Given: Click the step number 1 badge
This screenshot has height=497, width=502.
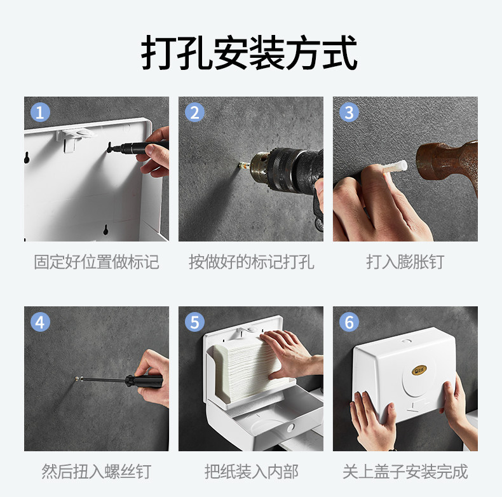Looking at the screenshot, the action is [x=40, y=112].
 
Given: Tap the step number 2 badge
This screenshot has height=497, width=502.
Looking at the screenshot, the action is [x=194, y=112].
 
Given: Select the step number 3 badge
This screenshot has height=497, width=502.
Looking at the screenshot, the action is [x=349, y=112].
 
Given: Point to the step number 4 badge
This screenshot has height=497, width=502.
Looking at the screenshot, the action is [x=40, y=322].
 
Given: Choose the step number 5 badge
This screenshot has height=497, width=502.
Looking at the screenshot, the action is [x=194, y=322].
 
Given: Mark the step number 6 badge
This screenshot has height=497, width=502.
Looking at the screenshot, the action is [x=349, y=322].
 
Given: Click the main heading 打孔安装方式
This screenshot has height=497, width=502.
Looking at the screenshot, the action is [x=249, y=52].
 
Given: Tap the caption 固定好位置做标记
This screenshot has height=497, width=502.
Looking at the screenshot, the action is [x=97, y=262].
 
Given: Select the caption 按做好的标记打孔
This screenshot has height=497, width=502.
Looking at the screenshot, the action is [x=252, y=262].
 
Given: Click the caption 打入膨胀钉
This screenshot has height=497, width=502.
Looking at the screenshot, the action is [x=405, y=262].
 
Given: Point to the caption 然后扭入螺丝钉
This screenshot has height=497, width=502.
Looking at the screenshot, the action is [x=97, y=472].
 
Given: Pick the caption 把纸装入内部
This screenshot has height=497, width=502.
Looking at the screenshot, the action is [x=252, y=472].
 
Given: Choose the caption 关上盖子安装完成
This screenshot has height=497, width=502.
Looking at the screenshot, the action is [x=405, y=472].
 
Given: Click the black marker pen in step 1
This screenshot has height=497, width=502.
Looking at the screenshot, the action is [x=138, y=147].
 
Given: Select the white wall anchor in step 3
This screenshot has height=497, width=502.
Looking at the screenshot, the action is [x=395, y=168].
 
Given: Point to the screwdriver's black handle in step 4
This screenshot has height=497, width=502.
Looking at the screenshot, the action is [x=144, y=381].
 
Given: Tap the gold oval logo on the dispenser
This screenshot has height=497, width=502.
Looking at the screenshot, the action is [x=419, y=370].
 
